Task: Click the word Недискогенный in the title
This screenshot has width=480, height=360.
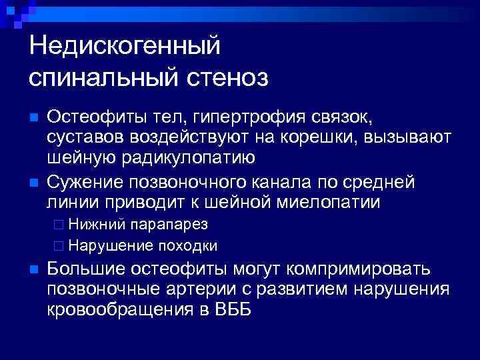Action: (125, 47)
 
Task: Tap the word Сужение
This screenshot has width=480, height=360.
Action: (85, 183)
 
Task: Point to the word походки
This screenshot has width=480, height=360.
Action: (187, 245)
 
